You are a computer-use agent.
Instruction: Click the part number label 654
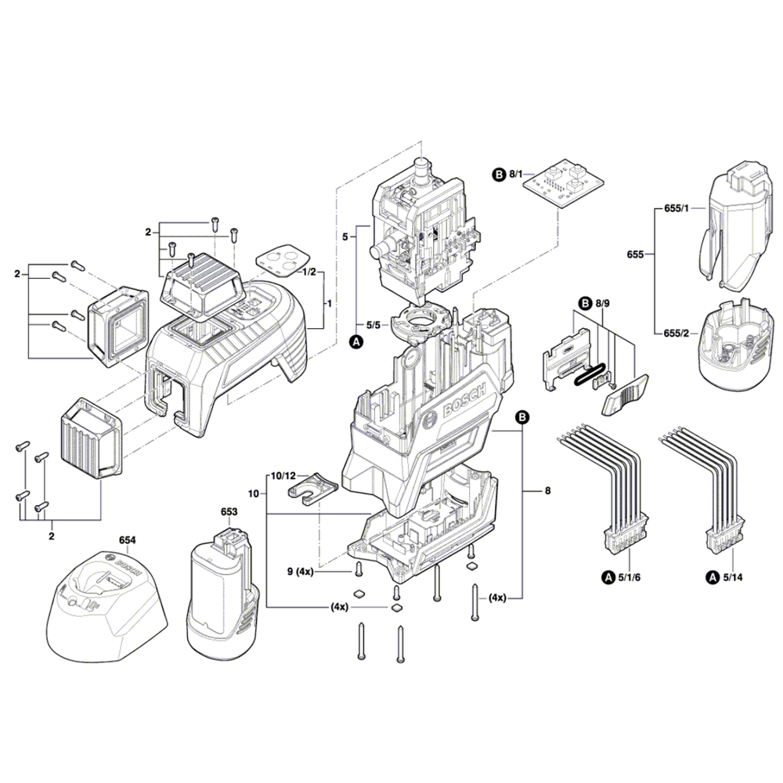tap(127, 540)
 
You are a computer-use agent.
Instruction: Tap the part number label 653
tap(229, 511)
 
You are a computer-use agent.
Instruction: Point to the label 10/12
tap(283, 475)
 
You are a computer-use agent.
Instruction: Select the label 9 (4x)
tap(300, 572)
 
